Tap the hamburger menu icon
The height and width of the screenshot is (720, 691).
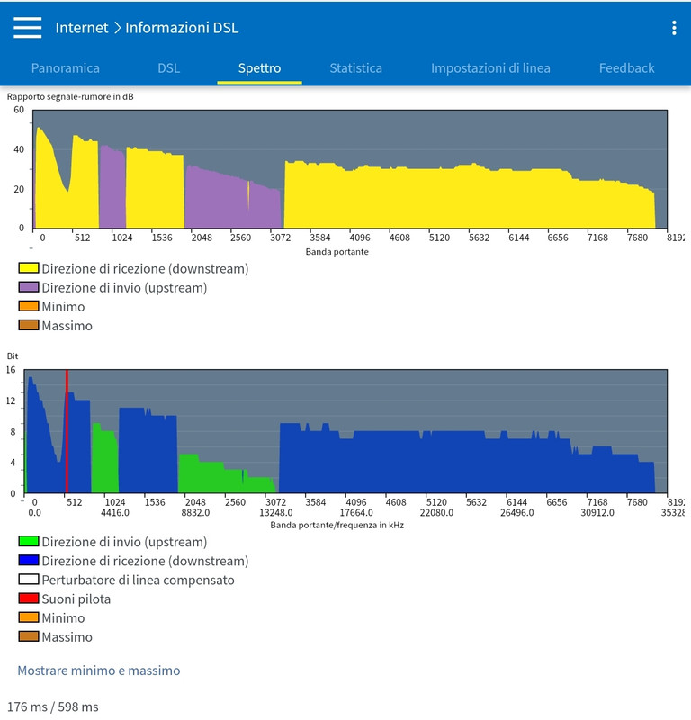(x=28, y=28)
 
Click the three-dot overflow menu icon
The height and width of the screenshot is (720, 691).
(x=674, y=28)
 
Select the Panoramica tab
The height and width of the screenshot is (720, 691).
(x=66, y=67)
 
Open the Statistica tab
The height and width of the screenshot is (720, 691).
(x=355, y=67)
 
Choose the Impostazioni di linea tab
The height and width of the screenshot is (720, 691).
(x=490, y=67)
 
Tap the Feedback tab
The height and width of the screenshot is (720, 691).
(x=626, y=67)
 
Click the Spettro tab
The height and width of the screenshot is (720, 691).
(x=259, y=67)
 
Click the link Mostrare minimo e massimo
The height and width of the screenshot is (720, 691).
(x=99, y=670)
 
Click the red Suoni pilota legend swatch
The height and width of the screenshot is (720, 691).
(x=29, y=598)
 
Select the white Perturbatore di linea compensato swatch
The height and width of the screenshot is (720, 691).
(x=29, y=580)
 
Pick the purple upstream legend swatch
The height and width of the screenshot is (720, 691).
(x=29, y=288)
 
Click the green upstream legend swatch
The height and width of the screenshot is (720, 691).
(x=29, y=542)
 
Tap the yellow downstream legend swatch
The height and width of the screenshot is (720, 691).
(x=29, y=268)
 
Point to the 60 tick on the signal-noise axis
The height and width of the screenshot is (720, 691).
(x=19, y=110)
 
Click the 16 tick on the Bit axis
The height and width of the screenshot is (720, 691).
(x=11, y=370)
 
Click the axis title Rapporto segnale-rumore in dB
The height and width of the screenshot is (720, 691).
(x=70, y=96)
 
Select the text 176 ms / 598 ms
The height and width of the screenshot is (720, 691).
(x=52, y=706)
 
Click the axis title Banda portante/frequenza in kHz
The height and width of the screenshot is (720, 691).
(x=337, y=525)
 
